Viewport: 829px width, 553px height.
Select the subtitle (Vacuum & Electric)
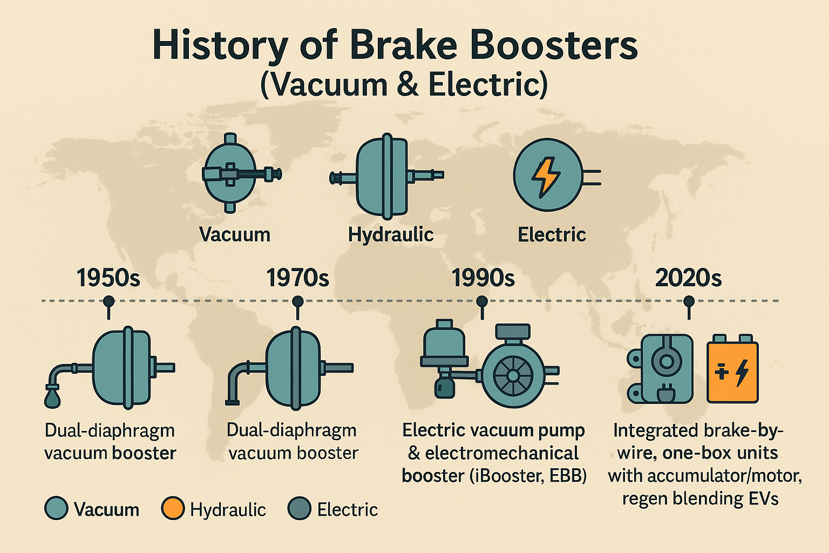tap(404, 85)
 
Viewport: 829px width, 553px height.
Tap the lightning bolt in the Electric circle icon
tap(546, 176)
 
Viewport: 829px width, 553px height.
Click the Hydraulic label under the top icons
tap(391, 234)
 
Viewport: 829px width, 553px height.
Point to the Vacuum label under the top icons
tap(235, 234)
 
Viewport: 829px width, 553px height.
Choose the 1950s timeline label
tap(108, 278)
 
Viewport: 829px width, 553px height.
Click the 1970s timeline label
tap(297, 278)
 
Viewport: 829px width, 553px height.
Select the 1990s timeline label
tap(483, 278)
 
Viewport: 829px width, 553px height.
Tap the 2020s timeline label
tap(688, 278)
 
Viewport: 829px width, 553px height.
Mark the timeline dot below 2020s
tap(688, 301)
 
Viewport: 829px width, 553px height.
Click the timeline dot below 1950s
tap(108, 301)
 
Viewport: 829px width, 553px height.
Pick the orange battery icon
tap(732, 371)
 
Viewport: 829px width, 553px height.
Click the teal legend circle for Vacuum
tap(56, 509)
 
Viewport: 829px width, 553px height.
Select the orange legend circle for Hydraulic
tap(173, 509)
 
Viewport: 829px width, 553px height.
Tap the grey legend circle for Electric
tap(300, 509)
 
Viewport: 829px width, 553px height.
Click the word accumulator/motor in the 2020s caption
tap(724, 476)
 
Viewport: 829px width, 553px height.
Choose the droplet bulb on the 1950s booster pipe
tap(52, 398)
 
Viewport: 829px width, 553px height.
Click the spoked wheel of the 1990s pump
tap(513, 375)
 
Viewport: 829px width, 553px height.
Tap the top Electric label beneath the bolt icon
tap(552, 234)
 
